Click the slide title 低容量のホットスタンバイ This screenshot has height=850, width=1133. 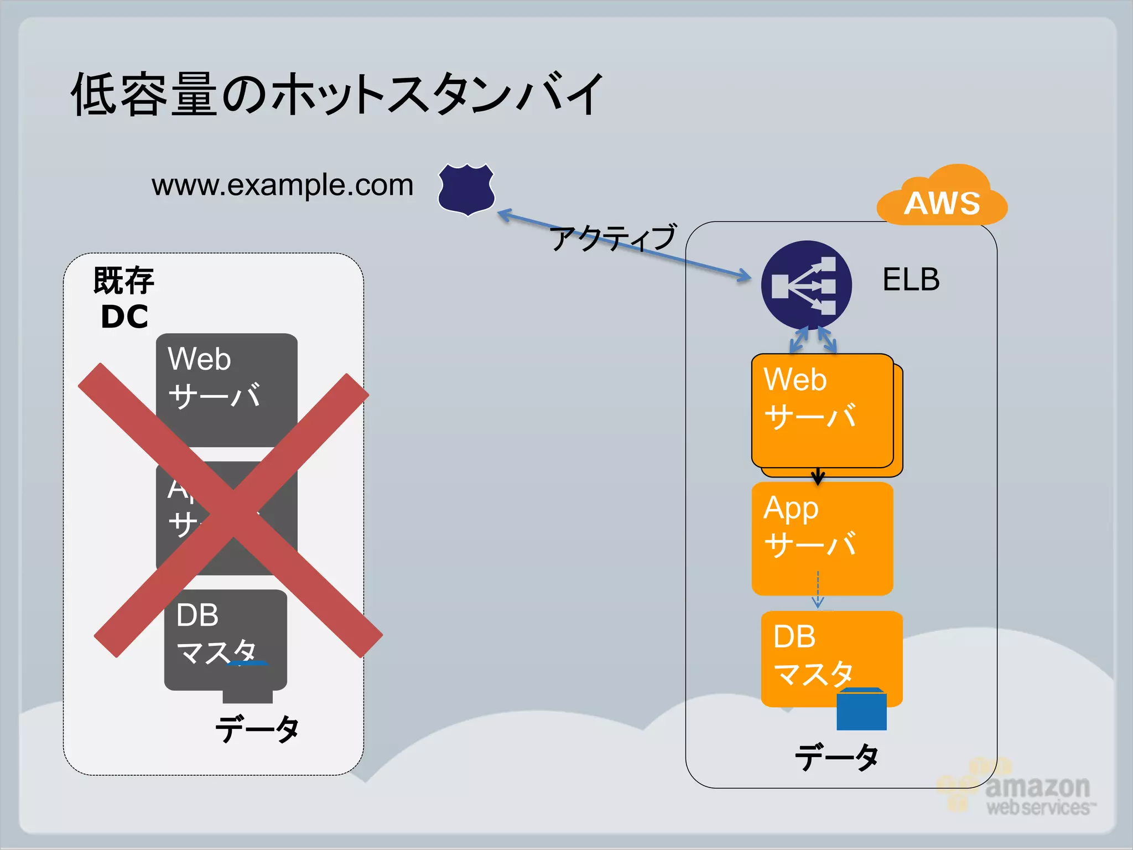pos(336,94)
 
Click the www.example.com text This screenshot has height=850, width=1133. pos(282,185)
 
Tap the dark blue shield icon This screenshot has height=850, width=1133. pos(466,189)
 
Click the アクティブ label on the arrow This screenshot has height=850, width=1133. pos(613,238)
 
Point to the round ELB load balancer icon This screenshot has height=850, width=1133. pos(806,285)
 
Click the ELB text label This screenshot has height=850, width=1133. pos(911,279)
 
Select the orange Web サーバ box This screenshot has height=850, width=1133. pos(822,411)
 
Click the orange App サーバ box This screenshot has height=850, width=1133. pos(822,538)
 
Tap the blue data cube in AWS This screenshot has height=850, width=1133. pos(861,709)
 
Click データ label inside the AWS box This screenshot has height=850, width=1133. pos(836,756)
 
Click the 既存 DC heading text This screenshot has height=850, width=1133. pos(124,298)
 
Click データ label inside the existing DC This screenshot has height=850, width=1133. pos(257,729)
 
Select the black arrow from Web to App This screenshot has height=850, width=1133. pos(818,475)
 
